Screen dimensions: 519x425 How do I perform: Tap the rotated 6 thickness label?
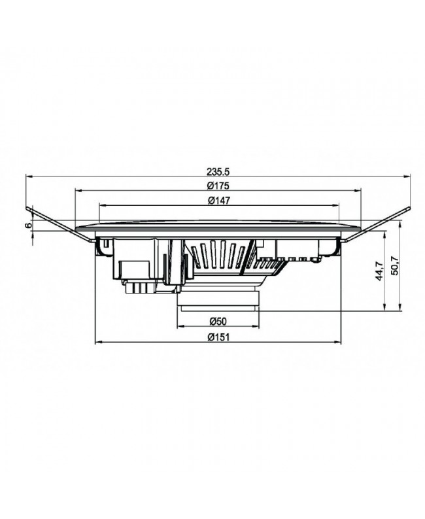point(27,224)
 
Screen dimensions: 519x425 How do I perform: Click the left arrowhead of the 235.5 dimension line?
point(28,176)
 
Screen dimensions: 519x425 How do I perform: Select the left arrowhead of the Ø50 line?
point(180,326)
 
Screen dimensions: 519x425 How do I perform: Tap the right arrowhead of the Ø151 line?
point(341,341)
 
